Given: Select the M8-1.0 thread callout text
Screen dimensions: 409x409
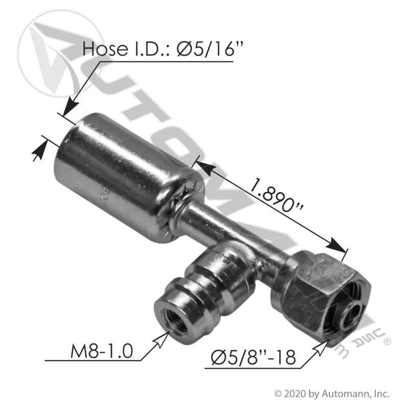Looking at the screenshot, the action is coord(102,351).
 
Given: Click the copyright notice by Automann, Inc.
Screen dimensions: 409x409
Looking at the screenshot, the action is coord(332,393).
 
